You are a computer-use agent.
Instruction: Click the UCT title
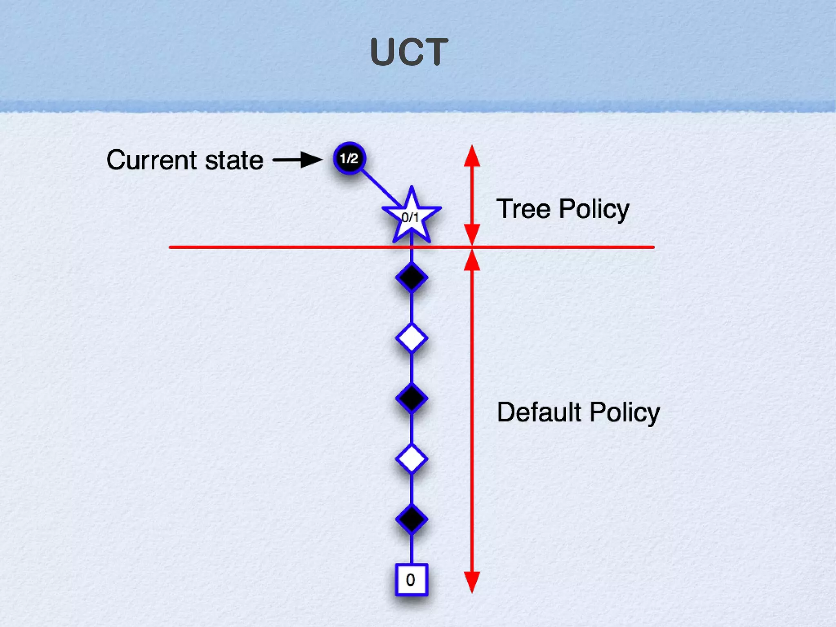click(409, 52)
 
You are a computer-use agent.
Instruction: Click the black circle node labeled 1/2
click(349, 158)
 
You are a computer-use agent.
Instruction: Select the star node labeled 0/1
click(411, 218)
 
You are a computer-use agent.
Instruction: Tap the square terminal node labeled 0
click(411, 580)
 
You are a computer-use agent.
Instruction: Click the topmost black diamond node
click(411, 278)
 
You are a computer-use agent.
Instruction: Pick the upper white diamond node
click(411, 338)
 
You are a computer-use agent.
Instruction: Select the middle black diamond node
click(411, 398)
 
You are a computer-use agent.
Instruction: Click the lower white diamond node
click(411, 459)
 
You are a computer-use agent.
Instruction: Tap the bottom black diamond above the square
click(411, 519)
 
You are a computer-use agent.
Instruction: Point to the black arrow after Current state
click(298, 159)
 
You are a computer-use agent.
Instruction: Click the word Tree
click(523, 209)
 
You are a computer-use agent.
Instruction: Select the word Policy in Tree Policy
click(594, 210)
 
